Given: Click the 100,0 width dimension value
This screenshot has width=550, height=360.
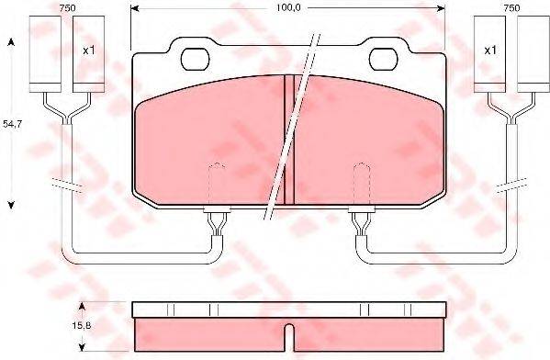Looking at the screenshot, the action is [288, 7].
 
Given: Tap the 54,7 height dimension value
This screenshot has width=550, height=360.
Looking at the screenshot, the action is [12, 123].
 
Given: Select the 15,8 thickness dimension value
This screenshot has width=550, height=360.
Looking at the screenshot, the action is [82, 326].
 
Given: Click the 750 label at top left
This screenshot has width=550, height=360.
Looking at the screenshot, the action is [67, 8].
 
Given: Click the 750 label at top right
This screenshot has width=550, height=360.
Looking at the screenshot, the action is [511, 8].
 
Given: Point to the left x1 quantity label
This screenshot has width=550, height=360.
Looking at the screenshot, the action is [89, 51].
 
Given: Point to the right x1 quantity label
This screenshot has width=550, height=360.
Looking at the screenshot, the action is [490, 51].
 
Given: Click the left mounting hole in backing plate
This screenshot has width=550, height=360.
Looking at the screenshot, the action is [195, 59].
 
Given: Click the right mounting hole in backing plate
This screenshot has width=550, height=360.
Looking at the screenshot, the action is [384, 59].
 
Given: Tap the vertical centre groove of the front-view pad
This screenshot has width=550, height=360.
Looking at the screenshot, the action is [289, 140].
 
